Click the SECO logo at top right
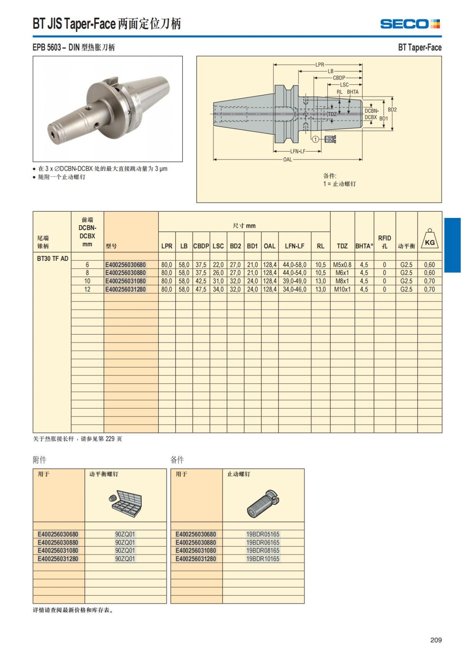point(410,24)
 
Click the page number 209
point(436,640)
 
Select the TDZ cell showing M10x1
point(342,289)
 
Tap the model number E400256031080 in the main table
point(126,281)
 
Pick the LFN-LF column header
point(295,246)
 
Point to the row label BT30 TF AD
point(53,259)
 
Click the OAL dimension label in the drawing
point(287,160)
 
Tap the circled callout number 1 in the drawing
point(315,139)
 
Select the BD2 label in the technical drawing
point(392,109)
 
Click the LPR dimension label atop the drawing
point(320,65)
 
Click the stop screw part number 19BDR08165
point(263,550)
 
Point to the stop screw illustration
point(263,503)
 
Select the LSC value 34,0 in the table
point(218,289)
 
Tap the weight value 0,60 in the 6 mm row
point(429,265)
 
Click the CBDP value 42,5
point(201,281)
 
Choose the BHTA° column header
point(364,246)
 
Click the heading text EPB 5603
point(46,48)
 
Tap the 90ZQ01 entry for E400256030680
point(125,534)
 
